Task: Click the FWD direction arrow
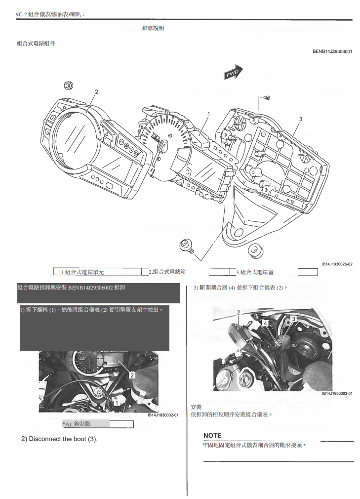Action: click(x=233, y=73)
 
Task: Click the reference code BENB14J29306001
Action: click(x=332, y=51)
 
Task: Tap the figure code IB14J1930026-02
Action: click(x=337, y=264)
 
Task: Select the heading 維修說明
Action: click(x=153, y=28)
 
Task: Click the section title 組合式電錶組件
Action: click(x=36, y=43)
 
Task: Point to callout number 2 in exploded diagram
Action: click(x=96, y=92)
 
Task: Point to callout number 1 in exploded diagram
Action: click(x=208, y=114)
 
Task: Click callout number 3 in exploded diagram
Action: click(x=301, y=119)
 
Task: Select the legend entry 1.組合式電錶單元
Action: click(x=82, y=272)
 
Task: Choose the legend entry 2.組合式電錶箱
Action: click(x=167, y=272)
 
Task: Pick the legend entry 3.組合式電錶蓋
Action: click(x=254, y=272)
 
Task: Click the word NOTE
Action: click(x=212, y=435)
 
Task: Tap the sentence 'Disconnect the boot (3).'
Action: click(x=59, y=439)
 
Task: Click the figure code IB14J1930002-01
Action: click(x=163, y=415)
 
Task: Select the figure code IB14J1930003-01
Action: click(x=337, y=394)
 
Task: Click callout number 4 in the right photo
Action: click(x=265, y=323)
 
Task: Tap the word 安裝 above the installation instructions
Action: click(x=196, y=407)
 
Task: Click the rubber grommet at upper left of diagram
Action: click(x=69, y=86)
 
